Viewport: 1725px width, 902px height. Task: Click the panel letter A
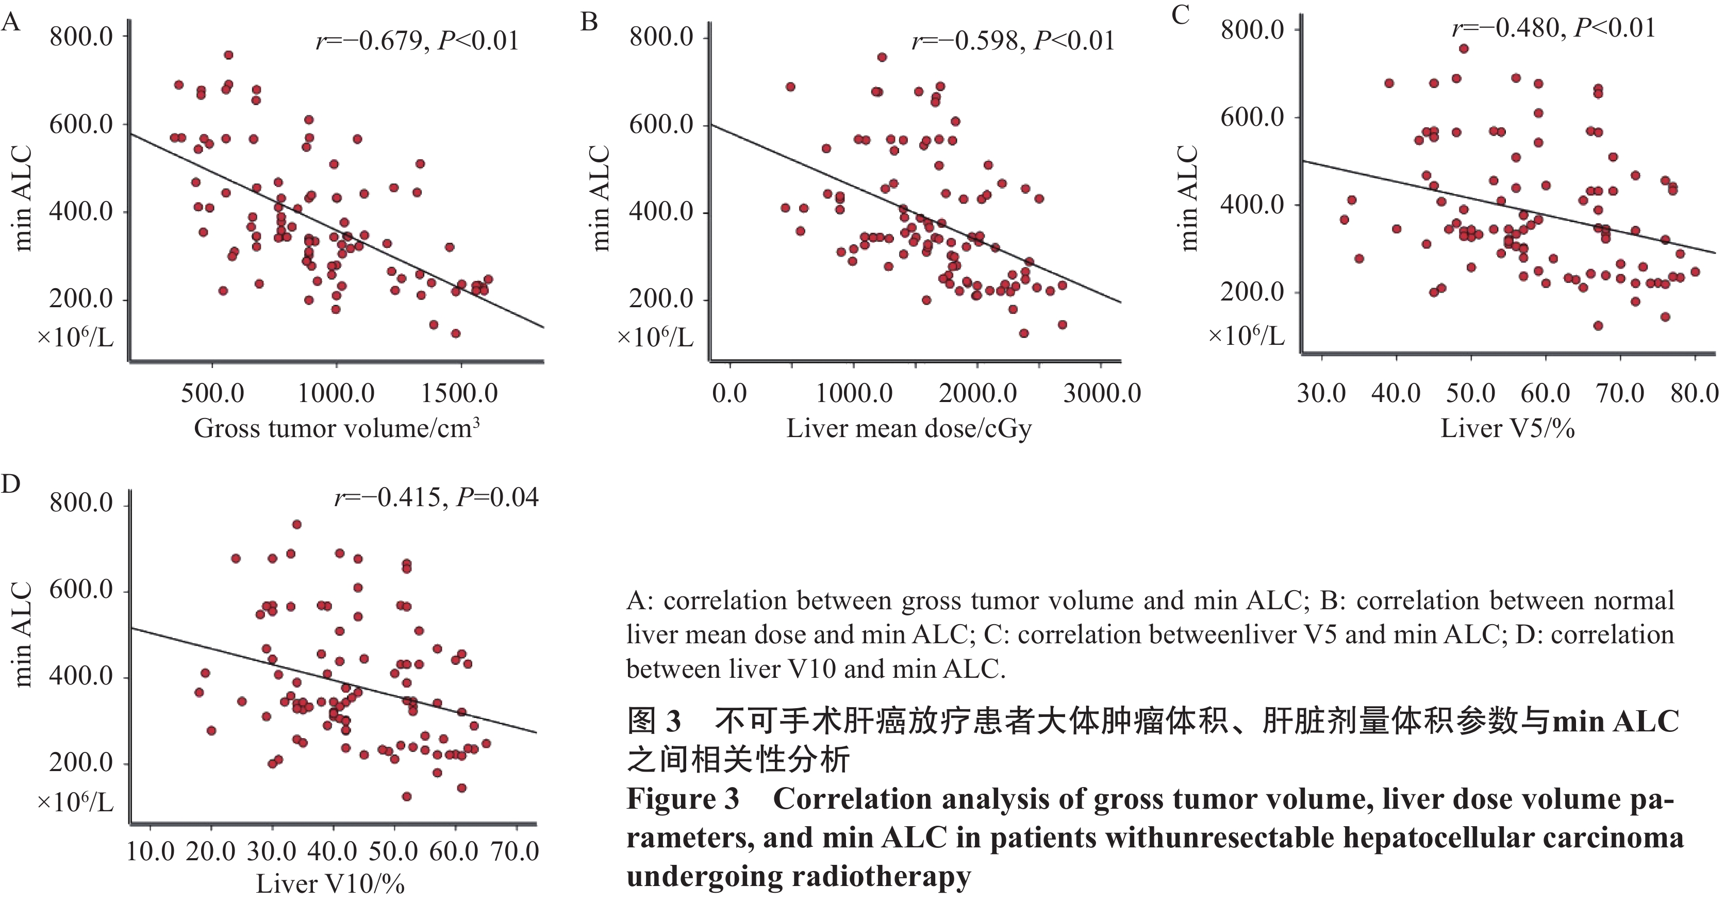click(x=11, y=23)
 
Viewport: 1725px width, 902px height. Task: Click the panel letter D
click(x=11, y=483)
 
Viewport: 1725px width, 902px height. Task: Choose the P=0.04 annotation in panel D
click(x=497, y=497)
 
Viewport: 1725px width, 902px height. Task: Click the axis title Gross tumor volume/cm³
click(x=337, y=428)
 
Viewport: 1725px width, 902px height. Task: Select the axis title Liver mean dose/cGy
click(x=909, y=428)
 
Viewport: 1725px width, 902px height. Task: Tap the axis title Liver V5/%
click(x=1507, y=428)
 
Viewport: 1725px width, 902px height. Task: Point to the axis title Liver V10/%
click(x=330, y=884)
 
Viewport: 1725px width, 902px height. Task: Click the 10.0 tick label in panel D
click(x=150, y=851)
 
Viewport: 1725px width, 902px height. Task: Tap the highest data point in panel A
click(x=228, y=55)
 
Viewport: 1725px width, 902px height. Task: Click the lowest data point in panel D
click(x=406, y=796)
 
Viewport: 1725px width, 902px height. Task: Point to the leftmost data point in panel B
click(x=786, y=208)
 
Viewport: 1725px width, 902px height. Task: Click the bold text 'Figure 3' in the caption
click(x=683, y=799)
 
